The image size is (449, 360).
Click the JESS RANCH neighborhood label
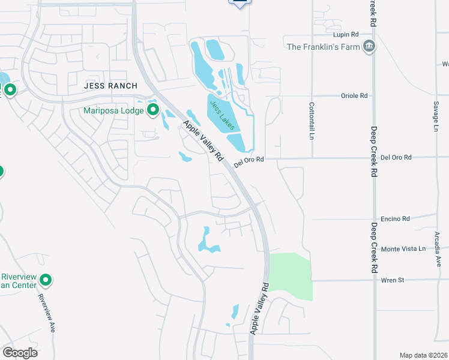click(110, 86)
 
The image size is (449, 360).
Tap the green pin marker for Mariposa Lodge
click(152, 110)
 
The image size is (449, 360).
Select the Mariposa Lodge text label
click(113, 110)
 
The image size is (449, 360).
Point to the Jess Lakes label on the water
click(221, 111)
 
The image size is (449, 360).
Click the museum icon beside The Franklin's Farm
click(369, 46)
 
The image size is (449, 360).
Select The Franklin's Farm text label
click(325, 47)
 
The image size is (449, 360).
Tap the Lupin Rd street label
click(346, 35)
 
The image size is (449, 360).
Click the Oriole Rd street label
click(354, 95)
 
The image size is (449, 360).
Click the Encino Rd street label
click(395, 219)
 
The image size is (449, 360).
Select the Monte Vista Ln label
click(403, 248)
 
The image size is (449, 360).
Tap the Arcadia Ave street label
click(438, 252)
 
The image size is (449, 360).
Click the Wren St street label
click(393, 280)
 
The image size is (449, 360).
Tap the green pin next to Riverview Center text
click(45, 280)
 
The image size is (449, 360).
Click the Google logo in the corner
click(20, 352)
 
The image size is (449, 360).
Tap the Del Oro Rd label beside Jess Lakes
click(249, 161)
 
